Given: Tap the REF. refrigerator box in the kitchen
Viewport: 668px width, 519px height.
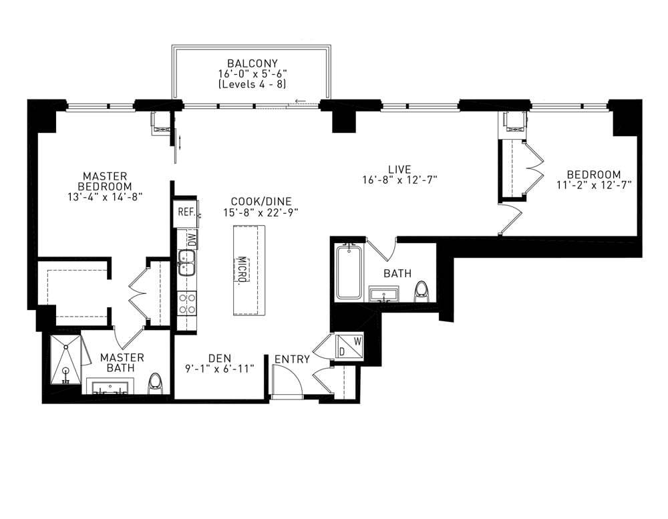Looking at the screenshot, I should pos(186,213).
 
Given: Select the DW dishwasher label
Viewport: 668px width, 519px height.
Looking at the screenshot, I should pos(191,237).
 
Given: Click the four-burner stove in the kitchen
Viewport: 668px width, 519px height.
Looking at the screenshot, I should pos(186,304).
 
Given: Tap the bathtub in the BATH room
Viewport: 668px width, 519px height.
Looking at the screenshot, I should pos(349,273).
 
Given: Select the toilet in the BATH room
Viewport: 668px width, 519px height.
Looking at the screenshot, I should pos(421,291).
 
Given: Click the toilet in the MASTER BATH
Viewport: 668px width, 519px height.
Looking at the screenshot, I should pos(156,383).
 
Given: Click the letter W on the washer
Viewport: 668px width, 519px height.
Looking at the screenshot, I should pos(357,340).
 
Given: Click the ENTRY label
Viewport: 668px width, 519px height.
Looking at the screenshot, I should pos(293,359).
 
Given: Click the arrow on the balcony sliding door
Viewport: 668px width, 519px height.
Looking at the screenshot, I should pos(301,102).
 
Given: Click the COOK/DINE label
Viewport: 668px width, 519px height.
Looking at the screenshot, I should pos(261,201).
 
